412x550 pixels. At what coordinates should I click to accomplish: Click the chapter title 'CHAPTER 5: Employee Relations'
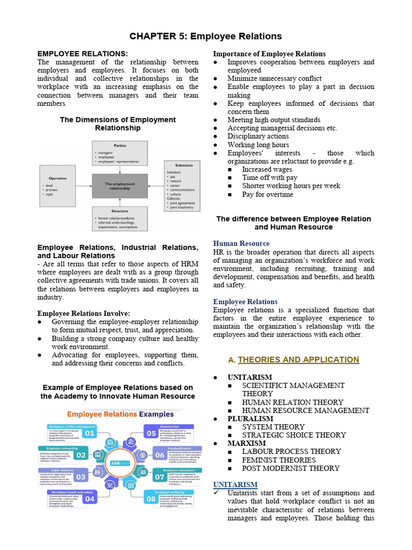pos(205,37)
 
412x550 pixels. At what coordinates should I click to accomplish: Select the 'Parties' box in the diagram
pos(120,153)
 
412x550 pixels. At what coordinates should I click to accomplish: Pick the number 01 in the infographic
pos(89,433)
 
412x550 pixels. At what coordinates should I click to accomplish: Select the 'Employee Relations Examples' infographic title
pos(120,415)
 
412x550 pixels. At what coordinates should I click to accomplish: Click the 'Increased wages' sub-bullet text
pos(267,170)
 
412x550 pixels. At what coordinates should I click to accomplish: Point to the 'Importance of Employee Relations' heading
pos(269,54)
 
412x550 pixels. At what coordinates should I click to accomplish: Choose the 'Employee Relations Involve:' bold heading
pos(84,314)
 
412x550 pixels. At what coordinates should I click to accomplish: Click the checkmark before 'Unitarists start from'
pos(216,493)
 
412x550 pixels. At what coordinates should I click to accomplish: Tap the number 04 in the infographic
pos(89,499)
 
